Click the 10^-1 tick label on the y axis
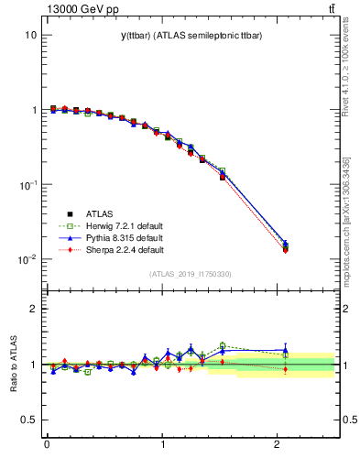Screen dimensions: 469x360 tap(27, 184)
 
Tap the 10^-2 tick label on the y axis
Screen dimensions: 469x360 tap(27, 259)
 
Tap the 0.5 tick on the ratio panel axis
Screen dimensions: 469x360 tap(29, 420)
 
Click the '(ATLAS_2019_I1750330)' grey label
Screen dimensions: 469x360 tap(190, 273)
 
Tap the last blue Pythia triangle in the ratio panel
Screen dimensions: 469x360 tap(286, 349)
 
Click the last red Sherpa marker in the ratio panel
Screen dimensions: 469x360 tap(286, 369)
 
